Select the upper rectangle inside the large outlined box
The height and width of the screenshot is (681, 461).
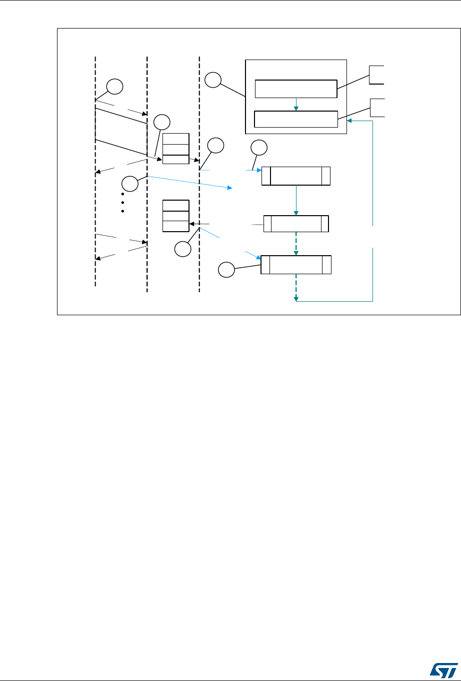pyautogui.click(x=295, y=89)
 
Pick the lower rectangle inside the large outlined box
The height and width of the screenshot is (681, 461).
pyautogui.click(x=295, y=119)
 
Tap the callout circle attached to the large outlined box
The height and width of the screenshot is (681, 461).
pyautogui.click(x=212, y=80)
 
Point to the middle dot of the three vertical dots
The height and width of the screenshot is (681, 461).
pyautogui.click(x=122, y=203)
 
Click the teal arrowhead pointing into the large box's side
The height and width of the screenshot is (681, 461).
pyautogui.click(x=349, y=120)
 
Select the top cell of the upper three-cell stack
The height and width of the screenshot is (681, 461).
pyautogui.click(x=176, y=139)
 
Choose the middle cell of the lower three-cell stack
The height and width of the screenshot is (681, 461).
pyautogui.click(x=176, y=216)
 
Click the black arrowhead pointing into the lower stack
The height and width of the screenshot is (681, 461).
pyautogui.click(x=192, y=224)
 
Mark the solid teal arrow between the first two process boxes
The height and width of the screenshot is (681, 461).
pyautogui.click(x=296, y=201)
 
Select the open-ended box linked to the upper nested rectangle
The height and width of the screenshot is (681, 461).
pyautogui.click(x=377, y=75)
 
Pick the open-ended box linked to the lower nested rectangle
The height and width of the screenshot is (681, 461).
pyautogui.click(x=377, y=108)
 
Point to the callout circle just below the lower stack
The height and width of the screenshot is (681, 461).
pyautogui.click(x=183, y=249)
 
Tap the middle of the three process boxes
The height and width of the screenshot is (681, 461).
pyautogui.click(x=296, y=224)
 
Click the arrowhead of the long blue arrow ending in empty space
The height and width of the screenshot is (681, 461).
pyautogui.click(x=231, y=188)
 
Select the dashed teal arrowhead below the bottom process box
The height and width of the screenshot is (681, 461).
pyautogui.click(x=296, y=299)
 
